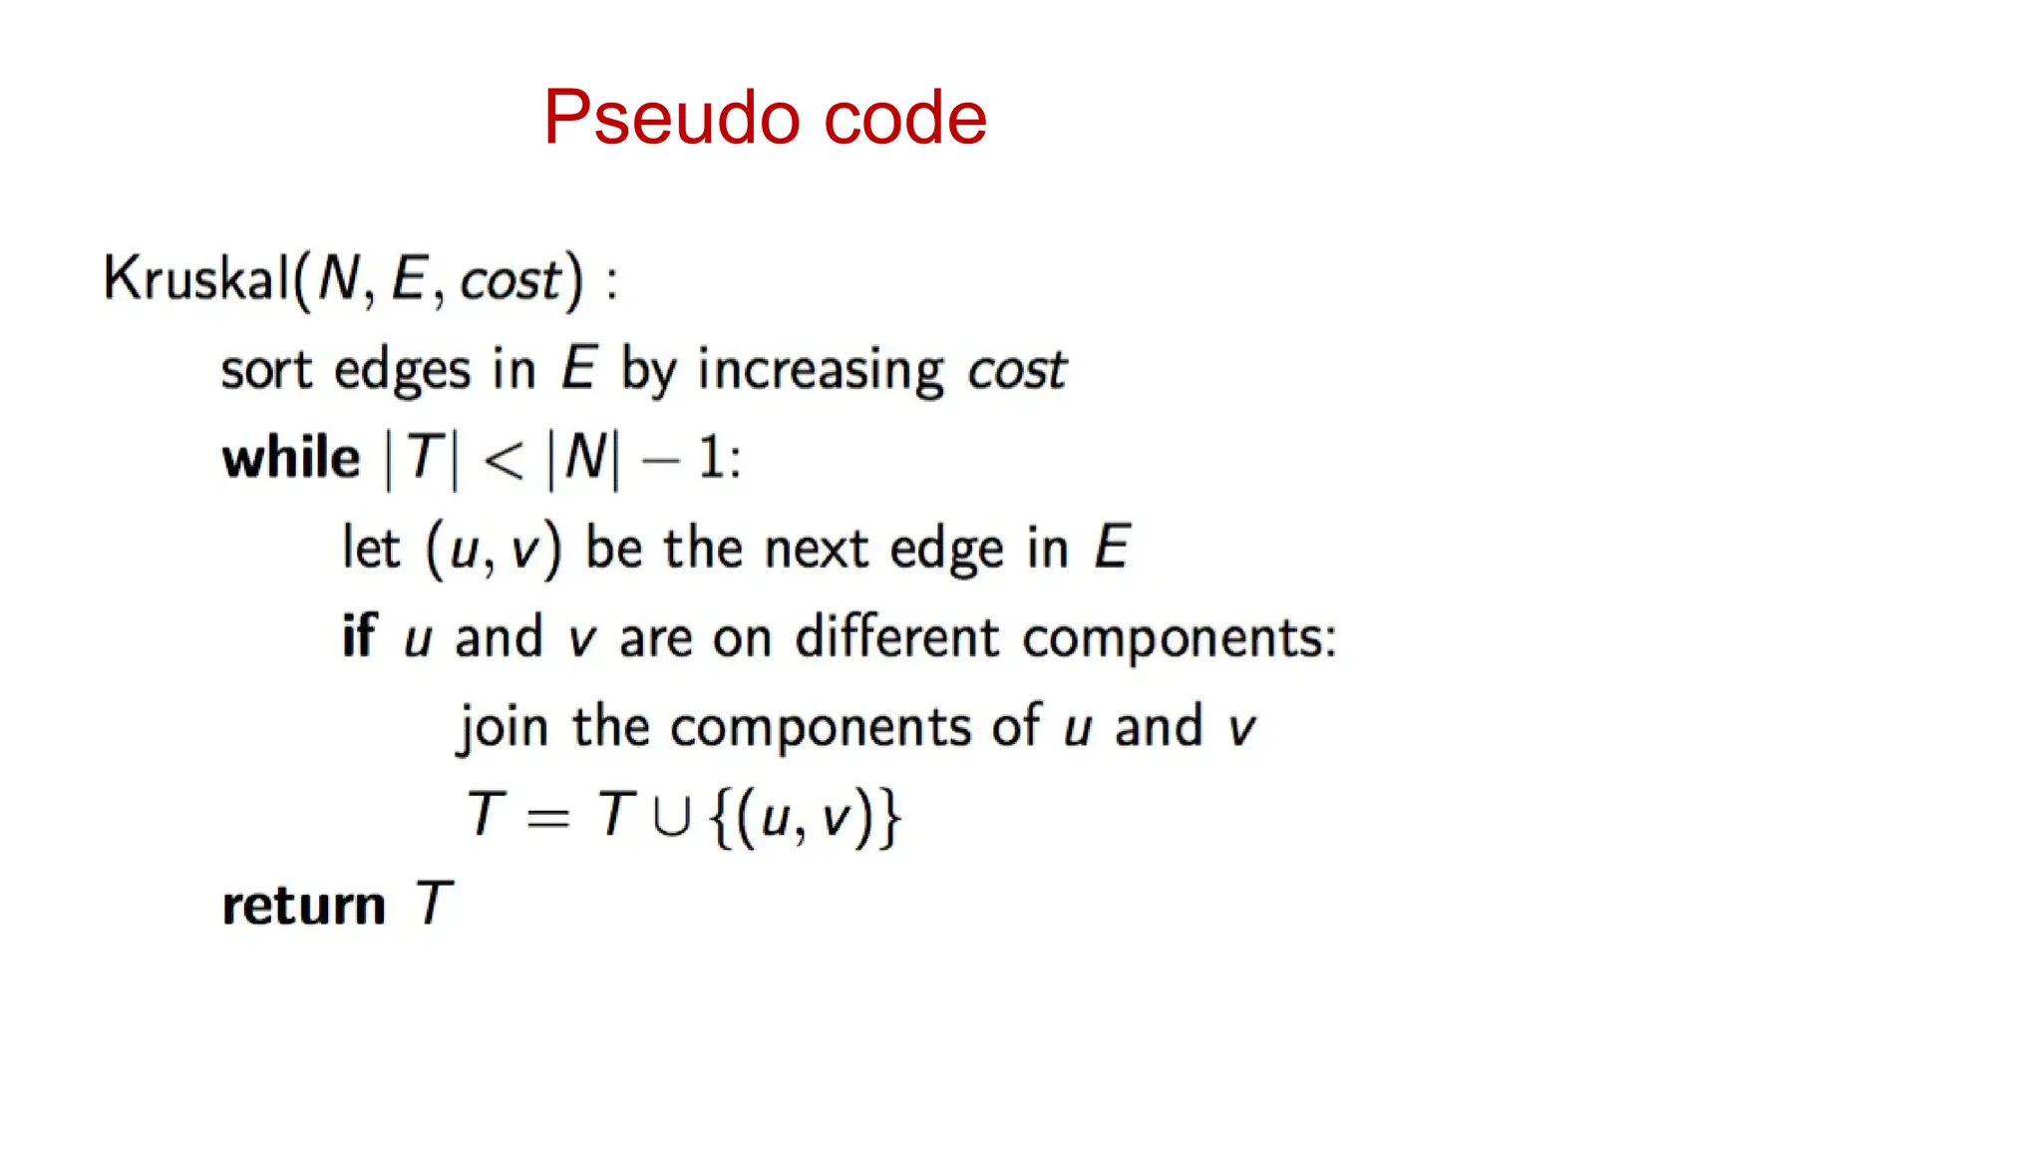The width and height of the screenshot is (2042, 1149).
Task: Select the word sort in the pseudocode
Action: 266,370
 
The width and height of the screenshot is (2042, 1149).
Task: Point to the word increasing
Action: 821,370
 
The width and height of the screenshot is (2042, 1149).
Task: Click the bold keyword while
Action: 290,459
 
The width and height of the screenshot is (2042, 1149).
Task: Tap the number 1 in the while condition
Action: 710,459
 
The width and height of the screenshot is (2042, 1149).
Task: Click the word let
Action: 370,548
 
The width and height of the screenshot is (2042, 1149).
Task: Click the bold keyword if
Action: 359,635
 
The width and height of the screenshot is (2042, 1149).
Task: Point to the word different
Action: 896,635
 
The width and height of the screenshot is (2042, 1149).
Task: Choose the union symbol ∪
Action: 671,817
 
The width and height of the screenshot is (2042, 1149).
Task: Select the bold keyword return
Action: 303,906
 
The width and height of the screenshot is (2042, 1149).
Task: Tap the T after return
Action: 434,904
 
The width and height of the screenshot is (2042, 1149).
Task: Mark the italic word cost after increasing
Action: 1016,370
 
